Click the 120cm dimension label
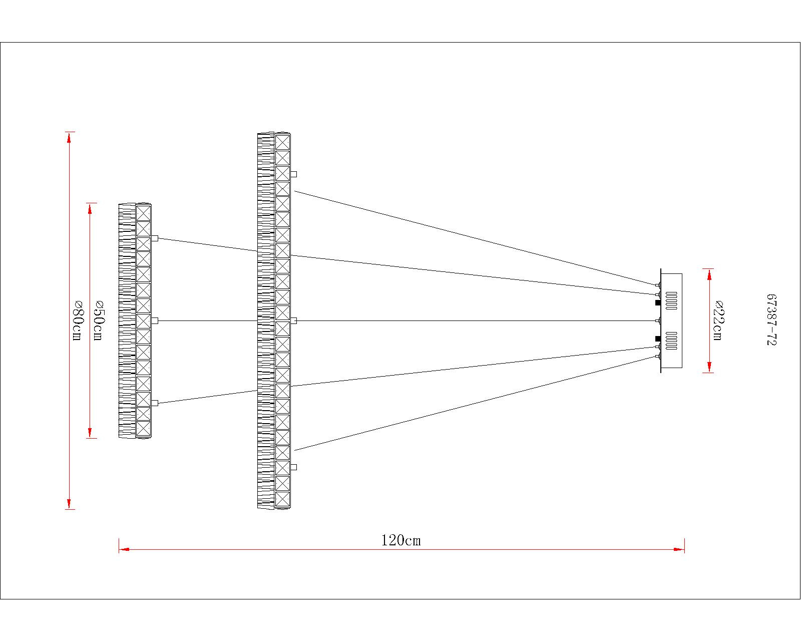(401, 540)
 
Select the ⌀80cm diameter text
(77, 320)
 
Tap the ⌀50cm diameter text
(98, 320)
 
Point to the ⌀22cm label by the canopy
(718, 320)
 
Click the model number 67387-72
(771, 319)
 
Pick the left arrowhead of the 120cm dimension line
(124, 549)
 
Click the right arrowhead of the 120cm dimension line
(679, 549)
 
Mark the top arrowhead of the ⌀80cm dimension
(69, 137)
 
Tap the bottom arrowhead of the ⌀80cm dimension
(69, 504)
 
